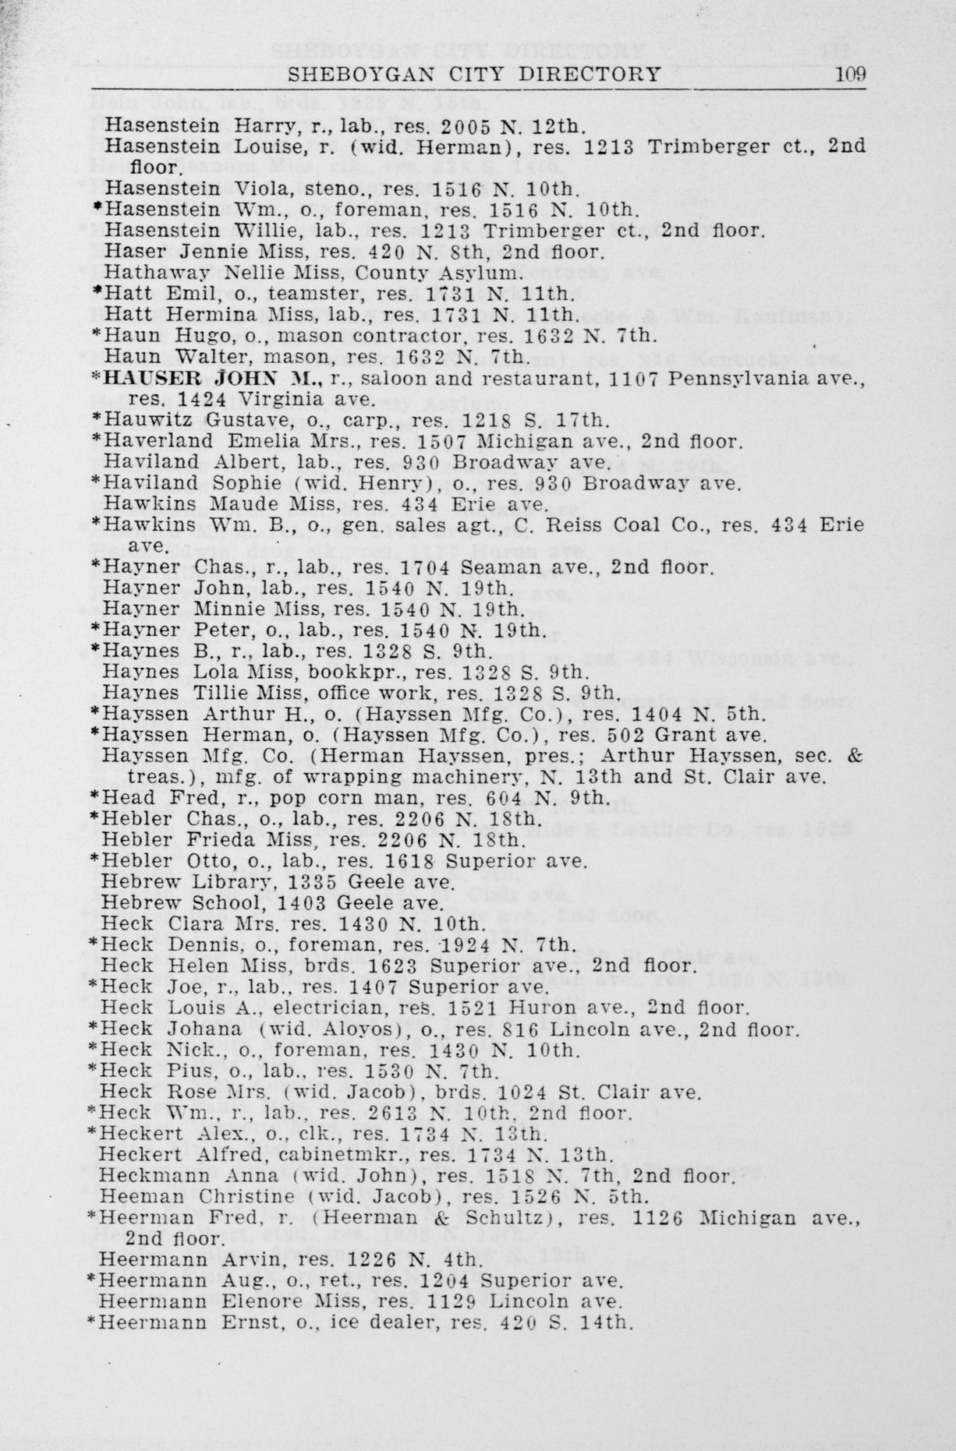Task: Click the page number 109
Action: coord(850,75)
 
